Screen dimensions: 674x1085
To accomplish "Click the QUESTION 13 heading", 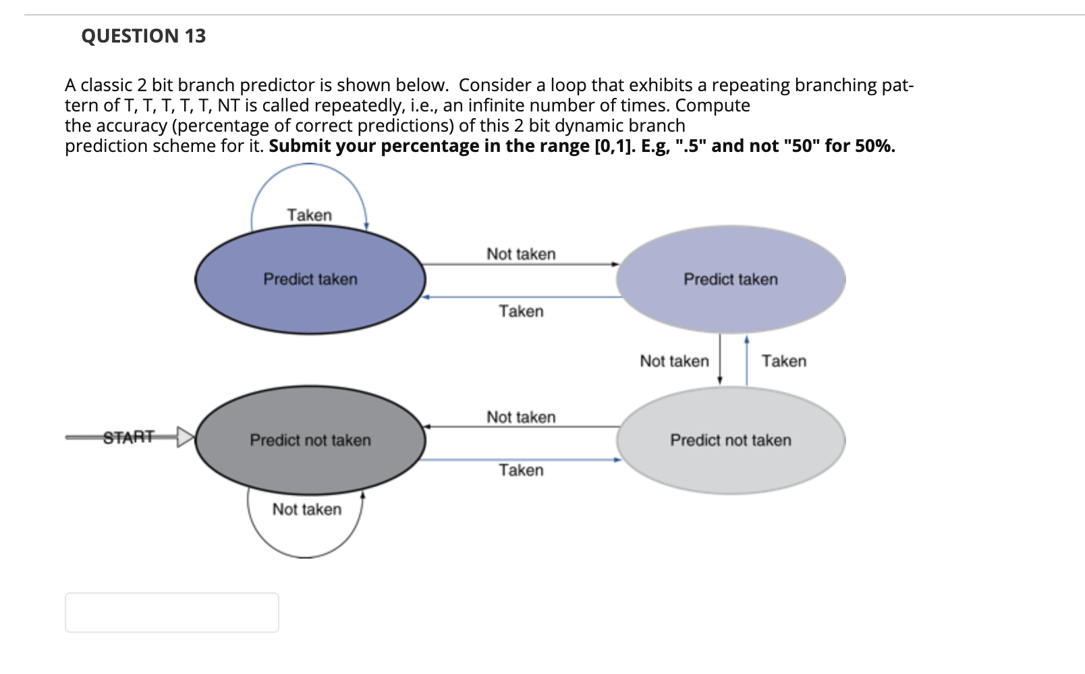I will pos(143,36).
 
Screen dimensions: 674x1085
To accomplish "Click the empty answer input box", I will pos(171,613).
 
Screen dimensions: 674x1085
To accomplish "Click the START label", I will pos(129,437).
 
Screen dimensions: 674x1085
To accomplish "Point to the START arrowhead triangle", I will pos(184,437).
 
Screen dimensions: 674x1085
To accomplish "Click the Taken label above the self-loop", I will pos(309,215).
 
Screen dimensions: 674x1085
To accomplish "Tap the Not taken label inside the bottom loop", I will pos(306,509).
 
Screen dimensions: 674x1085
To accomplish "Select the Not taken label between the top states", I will pos(521,254).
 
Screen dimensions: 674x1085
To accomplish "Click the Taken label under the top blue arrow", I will pos(521,311).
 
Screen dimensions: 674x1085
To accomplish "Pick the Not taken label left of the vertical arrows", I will pos(674,361).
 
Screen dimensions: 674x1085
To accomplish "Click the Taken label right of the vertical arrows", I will pos(784,361).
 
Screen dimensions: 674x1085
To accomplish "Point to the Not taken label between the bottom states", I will pos(521,417).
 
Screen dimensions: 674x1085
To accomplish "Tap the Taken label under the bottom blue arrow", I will pos(521,470).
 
